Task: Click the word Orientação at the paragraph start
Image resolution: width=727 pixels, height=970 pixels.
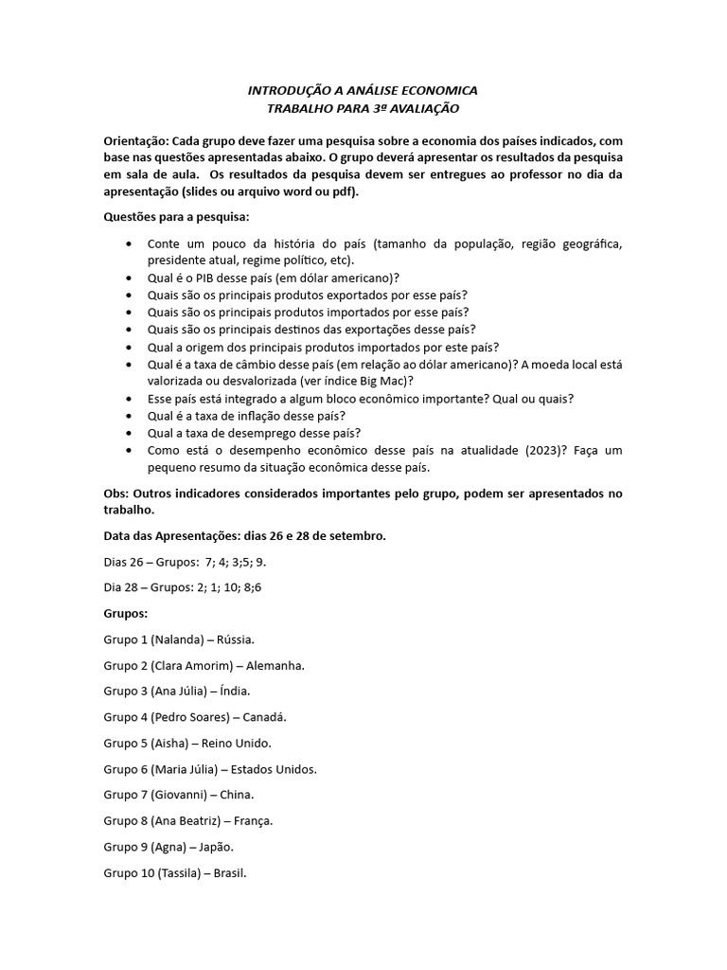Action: point(136,140)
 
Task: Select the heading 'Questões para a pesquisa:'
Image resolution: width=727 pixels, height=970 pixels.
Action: point(176,217)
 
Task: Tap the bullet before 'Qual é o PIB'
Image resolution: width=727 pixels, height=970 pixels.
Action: point(129,278)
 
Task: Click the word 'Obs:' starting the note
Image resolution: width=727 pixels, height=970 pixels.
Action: point(116,494)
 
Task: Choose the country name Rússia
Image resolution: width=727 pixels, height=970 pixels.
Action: point(237,639)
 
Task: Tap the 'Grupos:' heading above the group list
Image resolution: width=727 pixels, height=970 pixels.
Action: point(126,614)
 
